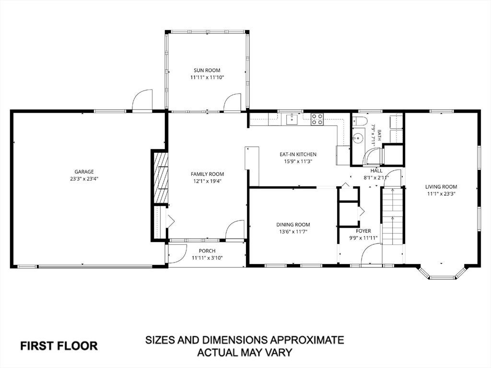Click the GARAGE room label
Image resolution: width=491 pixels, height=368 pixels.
(84, 172)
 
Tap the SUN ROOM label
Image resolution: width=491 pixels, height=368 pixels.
(207, 70)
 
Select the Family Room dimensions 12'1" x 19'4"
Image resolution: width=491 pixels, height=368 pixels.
(207, 181)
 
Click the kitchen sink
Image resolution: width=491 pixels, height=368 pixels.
(292, 119)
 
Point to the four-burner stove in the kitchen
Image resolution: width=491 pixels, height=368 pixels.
(317, 119)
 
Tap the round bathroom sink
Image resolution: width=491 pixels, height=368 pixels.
(358, 138)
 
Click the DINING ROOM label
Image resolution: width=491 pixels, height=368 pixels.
(293, 225)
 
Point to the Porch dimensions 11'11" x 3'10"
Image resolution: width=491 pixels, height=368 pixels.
(207, 258)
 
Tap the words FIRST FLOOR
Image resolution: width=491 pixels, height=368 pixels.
(59, 346)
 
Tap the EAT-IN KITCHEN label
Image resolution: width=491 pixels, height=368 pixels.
(298, 154)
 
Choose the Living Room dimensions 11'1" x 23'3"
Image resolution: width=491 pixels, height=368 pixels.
(441, 194)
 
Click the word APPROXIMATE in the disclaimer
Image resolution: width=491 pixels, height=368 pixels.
(306, 340)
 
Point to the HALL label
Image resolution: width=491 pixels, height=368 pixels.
(376, 171)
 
